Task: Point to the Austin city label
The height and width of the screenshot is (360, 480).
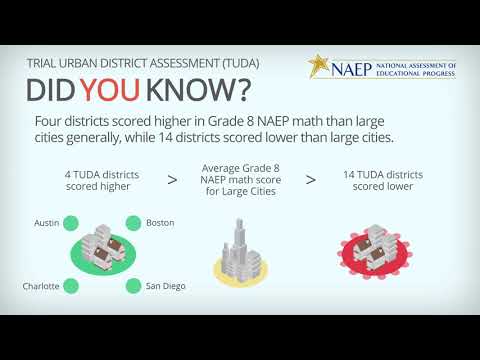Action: [47, 222]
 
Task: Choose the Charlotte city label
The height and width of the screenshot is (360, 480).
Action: [41, 286]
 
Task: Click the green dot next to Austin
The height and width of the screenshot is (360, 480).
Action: [71, 222]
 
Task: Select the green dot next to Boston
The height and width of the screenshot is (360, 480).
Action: [132, 222]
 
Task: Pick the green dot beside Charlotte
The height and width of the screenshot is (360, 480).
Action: [71, 286]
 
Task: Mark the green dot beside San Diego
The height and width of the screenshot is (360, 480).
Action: [132, 286]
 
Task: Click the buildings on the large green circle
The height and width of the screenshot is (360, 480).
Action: [101, 254]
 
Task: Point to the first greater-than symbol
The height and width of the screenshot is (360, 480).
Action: [172, 180]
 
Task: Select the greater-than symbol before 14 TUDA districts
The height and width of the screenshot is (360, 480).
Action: [310, 180]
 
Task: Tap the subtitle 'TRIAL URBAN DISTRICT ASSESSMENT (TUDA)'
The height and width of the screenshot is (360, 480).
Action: [142, 62]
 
